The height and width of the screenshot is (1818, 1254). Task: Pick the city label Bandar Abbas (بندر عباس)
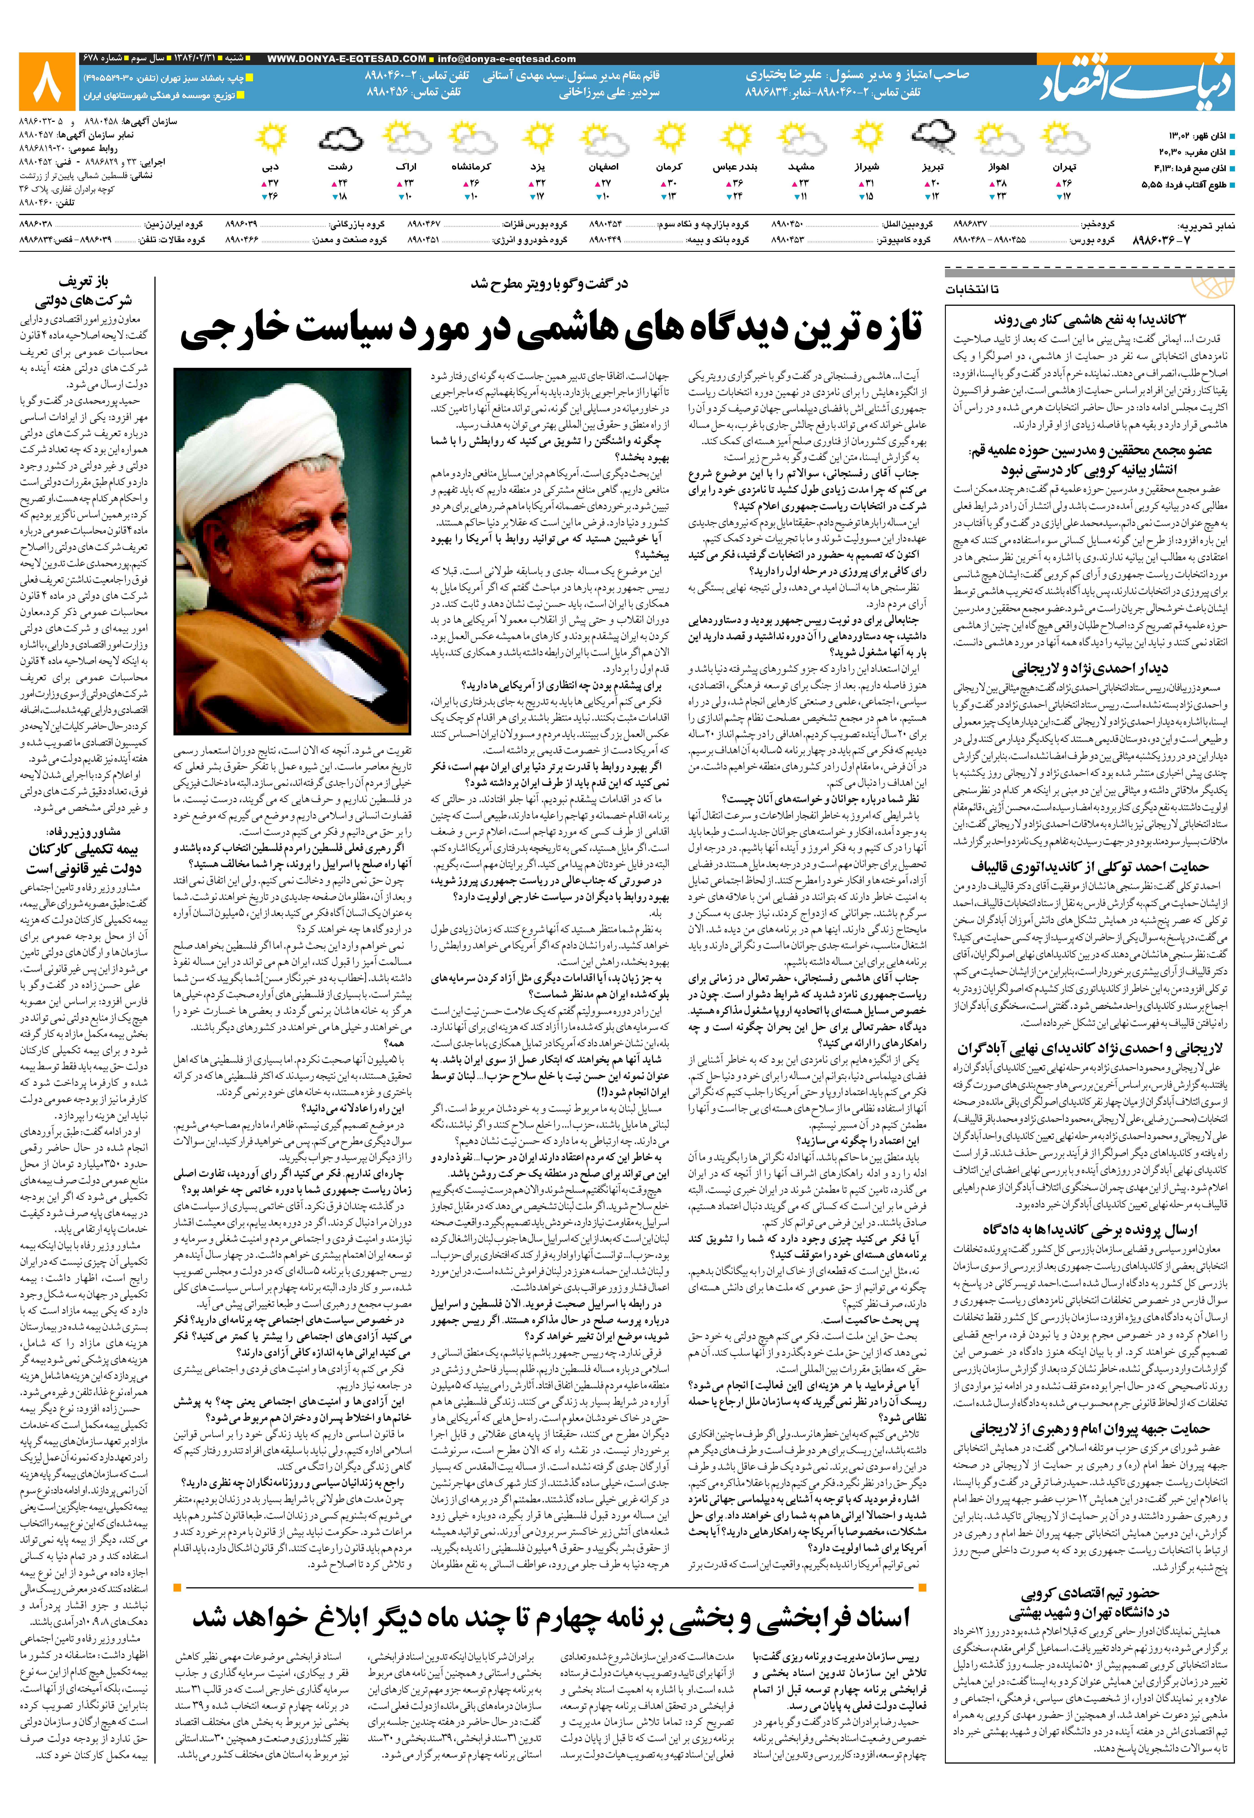(x=735, y=167)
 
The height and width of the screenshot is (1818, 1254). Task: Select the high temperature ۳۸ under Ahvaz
(x=1000, y=183)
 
